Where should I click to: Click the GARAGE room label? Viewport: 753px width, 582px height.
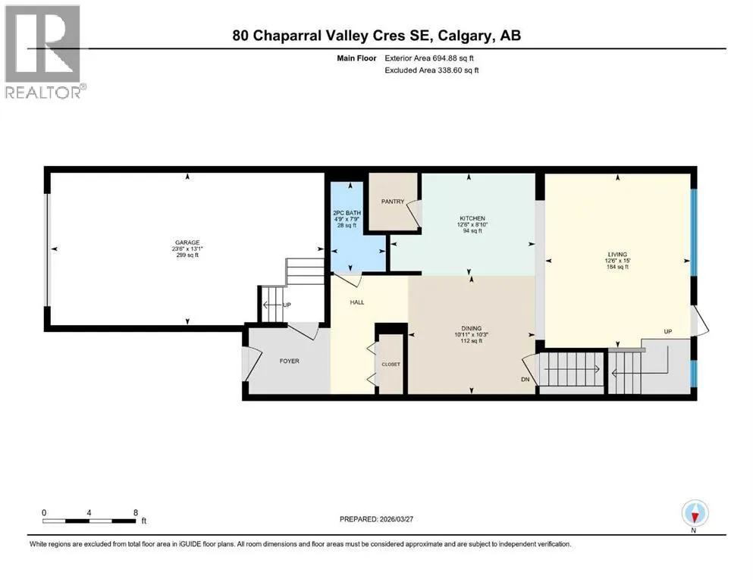coord(187,242)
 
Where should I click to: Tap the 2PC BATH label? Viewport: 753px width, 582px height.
coord(347,213)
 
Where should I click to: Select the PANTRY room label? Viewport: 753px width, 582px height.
coord(393,202)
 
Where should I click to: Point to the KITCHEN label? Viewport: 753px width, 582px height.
coord(472,218)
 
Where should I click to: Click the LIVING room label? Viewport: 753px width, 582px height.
coord(617,255)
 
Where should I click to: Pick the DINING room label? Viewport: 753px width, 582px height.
coord(471,329)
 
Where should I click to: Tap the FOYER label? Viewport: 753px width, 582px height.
coord(290,361)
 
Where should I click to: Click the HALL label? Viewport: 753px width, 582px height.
coord(357,302)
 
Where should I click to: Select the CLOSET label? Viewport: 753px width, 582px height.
coord(391,365)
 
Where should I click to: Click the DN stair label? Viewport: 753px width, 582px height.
coord(526,379)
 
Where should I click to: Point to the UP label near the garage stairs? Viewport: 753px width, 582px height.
coord(287,305)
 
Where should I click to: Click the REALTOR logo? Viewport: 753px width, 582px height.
coord(44,52)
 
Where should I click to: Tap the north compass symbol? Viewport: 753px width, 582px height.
coord(695,514)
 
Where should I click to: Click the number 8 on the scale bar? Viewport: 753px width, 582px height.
coord(136,512)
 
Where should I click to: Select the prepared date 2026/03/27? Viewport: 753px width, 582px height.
coord(396,519)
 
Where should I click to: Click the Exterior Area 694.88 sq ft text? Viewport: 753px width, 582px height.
coord(429,58)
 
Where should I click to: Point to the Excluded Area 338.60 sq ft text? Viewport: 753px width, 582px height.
coord(431,70)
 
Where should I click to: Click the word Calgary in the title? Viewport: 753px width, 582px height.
coord(466,36)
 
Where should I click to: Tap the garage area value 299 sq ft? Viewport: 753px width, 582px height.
coord(187,255)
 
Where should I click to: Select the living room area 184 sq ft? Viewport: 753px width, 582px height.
coord(617,267)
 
